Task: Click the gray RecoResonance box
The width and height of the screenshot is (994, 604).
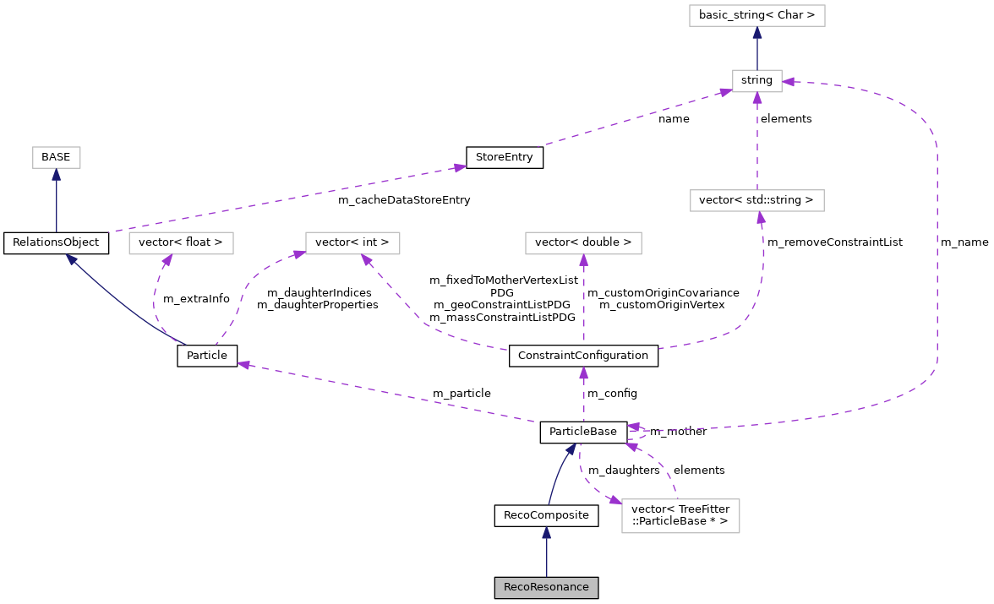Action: [546, 588]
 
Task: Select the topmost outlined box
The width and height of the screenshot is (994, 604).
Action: [756, 15]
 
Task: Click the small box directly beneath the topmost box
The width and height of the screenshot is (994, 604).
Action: [756, 81]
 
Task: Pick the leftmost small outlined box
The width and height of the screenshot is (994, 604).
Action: [57, 157]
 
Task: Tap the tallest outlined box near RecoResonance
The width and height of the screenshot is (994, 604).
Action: [680, 516]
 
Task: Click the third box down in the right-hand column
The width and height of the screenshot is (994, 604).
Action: [756, 200]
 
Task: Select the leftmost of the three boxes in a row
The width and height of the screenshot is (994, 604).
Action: [181, 243]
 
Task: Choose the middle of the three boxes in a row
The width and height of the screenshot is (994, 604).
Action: [352, 243]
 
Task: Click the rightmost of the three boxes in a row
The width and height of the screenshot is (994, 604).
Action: [583, 243]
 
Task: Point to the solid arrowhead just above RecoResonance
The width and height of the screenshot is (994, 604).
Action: [547, 533]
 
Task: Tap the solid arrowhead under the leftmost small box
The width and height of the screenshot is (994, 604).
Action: [57, 175]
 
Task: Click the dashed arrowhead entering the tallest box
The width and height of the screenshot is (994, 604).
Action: [614, 500]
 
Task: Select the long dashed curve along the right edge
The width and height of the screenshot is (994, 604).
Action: [937, 253]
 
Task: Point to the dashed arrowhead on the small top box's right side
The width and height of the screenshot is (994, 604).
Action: [789, 82]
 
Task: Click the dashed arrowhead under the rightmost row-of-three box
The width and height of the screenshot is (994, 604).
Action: [583, 261]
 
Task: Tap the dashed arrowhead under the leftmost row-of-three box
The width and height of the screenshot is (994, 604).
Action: [167, 261]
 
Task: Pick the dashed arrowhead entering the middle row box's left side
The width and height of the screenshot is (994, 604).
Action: [298, 253]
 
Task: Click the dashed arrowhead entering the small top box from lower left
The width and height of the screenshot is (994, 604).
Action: [725, 92]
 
